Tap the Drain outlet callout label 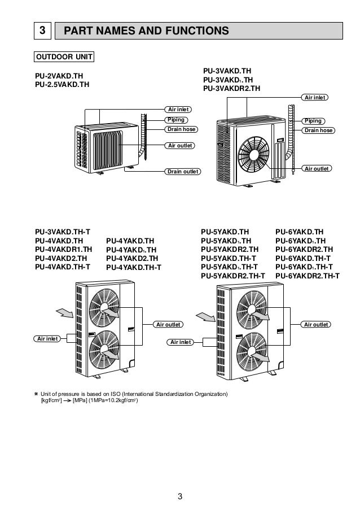pos(182,171)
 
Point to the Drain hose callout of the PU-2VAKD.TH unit pos(181,129)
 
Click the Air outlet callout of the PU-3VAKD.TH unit pos(317,168)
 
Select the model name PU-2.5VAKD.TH pos(62,85)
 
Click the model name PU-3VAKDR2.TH pos(231,89)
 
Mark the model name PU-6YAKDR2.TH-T pos(308,276)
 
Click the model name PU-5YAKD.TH pos(225,232)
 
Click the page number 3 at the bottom pos(180,497)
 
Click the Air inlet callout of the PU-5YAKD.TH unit pos(180,342)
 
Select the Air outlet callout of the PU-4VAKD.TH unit pos(168,325)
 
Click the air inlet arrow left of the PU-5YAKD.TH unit pos(204,316)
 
